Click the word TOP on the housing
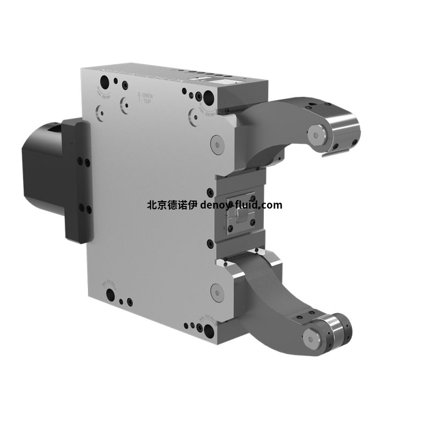[147, 100]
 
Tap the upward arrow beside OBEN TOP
[139, 97]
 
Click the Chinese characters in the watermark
[172, 205]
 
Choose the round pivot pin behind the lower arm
[217, 292]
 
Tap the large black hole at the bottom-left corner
[110, 294]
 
